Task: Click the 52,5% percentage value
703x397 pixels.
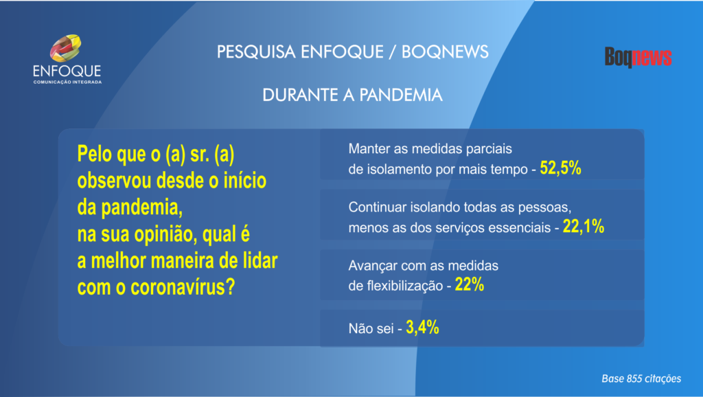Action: click(560, 168)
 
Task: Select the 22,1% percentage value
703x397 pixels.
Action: click(584, 227)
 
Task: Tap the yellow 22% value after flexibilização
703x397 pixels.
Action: click(470, 285)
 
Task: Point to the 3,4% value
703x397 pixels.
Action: click(422, 328)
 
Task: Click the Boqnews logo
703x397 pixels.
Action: click(638, 58)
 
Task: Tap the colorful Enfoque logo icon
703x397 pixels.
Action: click(65, 48)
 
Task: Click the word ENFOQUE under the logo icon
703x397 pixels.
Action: click(67, 71)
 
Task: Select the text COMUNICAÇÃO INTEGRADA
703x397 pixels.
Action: click(67, 82)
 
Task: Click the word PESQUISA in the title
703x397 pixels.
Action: click(257, 52)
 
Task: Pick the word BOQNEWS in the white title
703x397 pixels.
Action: click(445, 52)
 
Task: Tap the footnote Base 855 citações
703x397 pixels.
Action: click(641, 378)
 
